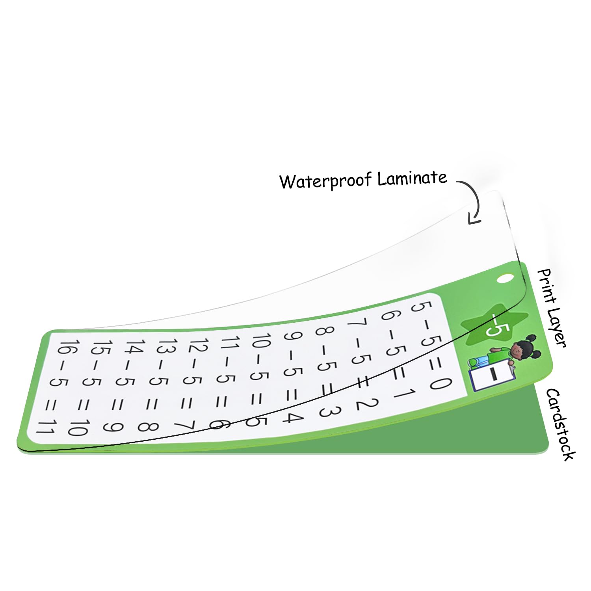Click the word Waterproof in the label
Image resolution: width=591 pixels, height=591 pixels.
coord(325,181)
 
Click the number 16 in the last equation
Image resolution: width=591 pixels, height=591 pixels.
coord(65,347)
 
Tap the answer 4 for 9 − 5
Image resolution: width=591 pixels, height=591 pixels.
coord(292,417)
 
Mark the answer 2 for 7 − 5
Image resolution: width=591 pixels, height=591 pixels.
coord(367,404)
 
